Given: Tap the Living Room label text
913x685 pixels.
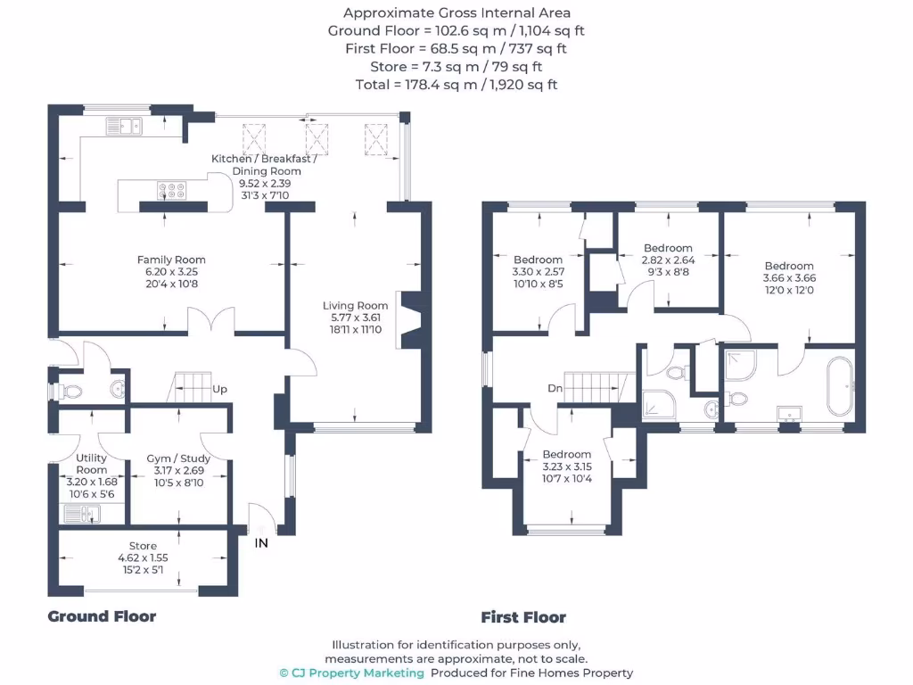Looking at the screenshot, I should (355, 318).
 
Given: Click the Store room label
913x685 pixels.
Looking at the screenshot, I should (143, 557).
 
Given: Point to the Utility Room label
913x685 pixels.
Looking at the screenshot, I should (91, 470).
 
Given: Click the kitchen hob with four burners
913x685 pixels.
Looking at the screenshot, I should (171, 189).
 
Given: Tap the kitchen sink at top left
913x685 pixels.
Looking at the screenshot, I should (125, 125).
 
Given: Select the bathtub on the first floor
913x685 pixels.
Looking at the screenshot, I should (839, 386).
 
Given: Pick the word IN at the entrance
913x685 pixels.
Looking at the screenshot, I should (261, 542).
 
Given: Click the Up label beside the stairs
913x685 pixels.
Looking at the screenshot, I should (219, 390).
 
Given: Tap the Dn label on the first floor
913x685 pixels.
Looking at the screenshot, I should (555, 388).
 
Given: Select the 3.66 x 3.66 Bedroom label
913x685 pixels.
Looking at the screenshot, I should (789, 277).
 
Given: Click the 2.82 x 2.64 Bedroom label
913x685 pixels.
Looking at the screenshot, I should (668, 260).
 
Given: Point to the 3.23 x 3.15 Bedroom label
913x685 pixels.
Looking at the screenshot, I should (567, 466).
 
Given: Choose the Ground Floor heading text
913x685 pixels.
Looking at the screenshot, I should (102, 616).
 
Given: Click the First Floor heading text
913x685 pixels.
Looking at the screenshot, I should (523, 617).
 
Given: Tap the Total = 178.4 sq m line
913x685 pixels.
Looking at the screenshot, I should (456, 85).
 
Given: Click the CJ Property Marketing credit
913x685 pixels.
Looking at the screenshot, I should (352, 673).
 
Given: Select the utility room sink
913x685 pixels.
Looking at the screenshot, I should (81, 513).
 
